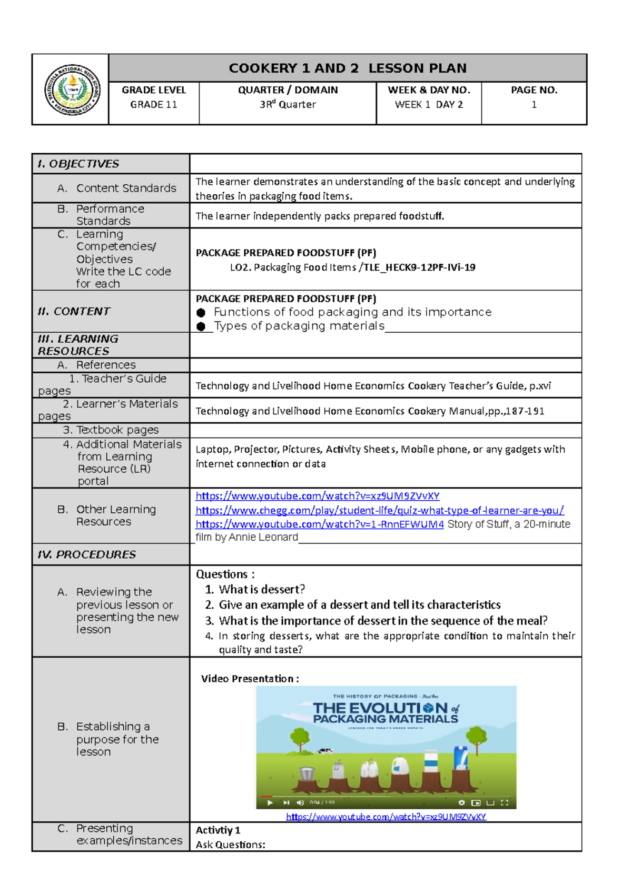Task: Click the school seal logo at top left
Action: [72, 90]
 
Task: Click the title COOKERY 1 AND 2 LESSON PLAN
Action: [348, 68]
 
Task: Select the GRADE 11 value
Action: [154, 105]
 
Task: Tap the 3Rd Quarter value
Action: [288, 104]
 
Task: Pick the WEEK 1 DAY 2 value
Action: [429, 105]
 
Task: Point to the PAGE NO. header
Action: [534, 90]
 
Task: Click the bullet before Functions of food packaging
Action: [201, 313]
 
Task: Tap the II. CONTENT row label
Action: [74, 311]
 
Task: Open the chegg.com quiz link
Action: [379, 510]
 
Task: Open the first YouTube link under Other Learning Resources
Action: [317, 496]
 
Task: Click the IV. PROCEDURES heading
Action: [87, 554]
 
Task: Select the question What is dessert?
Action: [262, 589]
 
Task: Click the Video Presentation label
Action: [250, 679]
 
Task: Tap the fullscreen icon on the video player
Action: [505, 803]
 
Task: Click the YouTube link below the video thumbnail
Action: [386, 817]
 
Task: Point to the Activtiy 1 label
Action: [218, 830]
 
